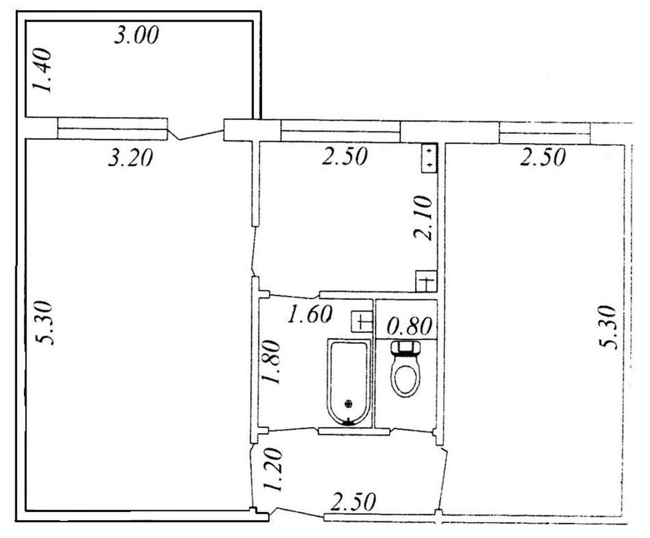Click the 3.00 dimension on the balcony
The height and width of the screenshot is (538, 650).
(136, 35)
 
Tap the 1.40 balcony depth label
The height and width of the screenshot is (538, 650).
(43, 71)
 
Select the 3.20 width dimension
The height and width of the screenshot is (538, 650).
(131, 158)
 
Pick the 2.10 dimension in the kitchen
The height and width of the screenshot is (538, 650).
(423, 218)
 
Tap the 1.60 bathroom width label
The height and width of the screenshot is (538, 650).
(310, 314)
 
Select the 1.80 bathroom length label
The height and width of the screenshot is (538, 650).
(271, 362)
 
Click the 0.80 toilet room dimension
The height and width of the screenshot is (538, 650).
(409, 326)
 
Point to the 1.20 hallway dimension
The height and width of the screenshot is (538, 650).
(273, 469)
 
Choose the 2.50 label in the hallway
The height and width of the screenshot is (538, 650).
(353, 502)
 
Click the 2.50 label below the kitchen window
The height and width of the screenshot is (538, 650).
(345, 156)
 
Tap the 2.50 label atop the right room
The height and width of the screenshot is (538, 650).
(543, 158)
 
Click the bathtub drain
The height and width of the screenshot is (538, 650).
(348, 403)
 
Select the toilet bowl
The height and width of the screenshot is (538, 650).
(406, 376)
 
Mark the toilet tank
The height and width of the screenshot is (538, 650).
(406, 347)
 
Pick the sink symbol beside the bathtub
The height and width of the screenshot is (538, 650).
(362, 321)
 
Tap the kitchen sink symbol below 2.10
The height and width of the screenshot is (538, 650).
(427, 281)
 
